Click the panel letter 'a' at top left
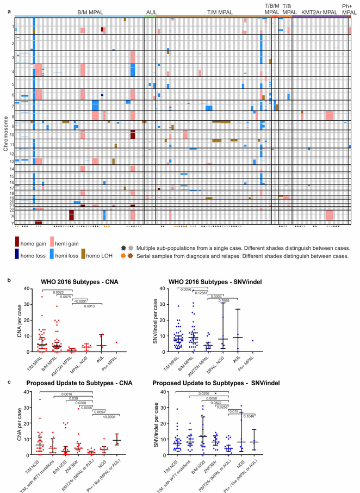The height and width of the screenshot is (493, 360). point(3,3)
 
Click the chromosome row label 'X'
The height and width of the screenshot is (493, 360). point(13,215)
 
